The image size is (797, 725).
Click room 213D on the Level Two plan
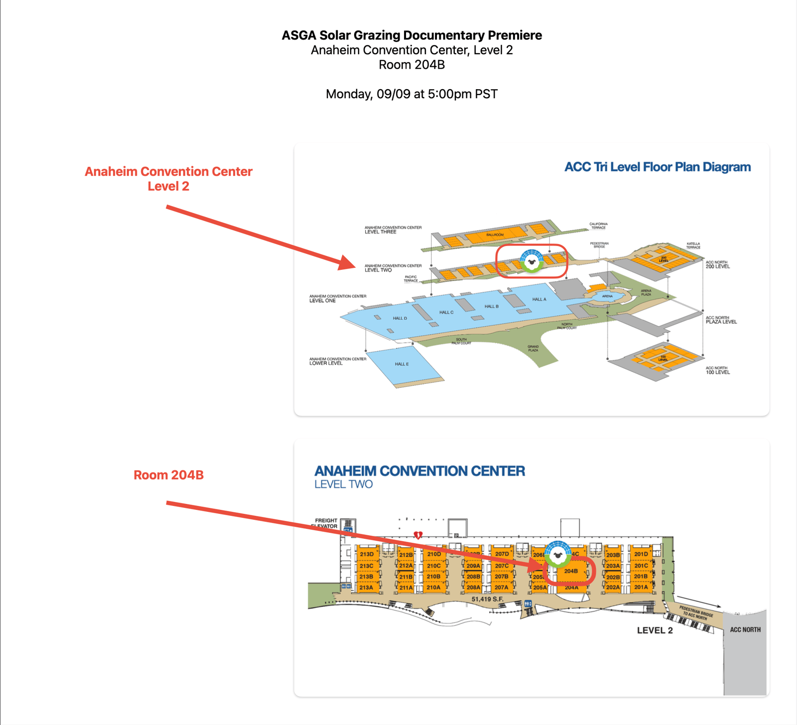click(x=367, y=554)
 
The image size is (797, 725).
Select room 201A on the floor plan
click(x=641, y=587)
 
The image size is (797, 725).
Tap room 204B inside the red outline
click(x=571, y=571)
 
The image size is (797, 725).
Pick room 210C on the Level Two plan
click(x=433, y=566)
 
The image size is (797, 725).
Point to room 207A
click(x=501, y=588)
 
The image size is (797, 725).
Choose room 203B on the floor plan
click(x=613, y=555)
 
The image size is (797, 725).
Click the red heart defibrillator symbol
click(x=418, y=535)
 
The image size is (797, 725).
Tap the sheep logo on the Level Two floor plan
click(x=557, y=554)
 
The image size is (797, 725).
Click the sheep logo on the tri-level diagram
click(x=531, y=261)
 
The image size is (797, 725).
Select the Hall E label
click(x=401, y=364)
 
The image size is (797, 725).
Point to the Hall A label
click(x=539, y=299)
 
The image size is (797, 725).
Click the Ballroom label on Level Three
click(x=495, y=235)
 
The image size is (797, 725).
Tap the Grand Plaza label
click(x=533, y=348)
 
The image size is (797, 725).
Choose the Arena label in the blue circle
click(x=607, y=296)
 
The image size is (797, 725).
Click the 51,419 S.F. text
click(x=487, y=599)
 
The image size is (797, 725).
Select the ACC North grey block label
click(x=745, y=630)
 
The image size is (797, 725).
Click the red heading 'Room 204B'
click(x=168, y=475)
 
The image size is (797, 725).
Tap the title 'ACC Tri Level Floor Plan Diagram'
click(x=657, y=167)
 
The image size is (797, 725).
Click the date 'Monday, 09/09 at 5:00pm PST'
click(x=411, y=94)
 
